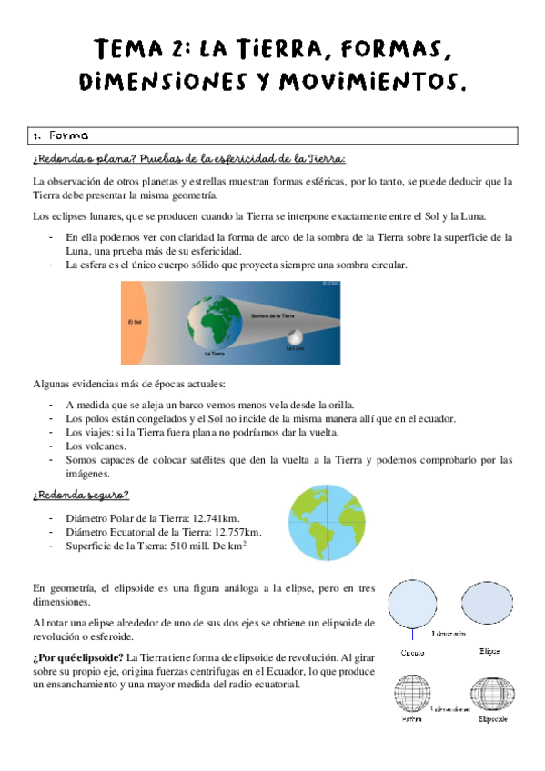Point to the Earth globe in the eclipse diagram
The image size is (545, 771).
(215, 322)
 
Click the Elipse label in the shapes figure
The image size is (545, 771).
(489, 652)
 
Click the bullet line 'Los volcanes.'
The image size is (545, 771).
(96, 446)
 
